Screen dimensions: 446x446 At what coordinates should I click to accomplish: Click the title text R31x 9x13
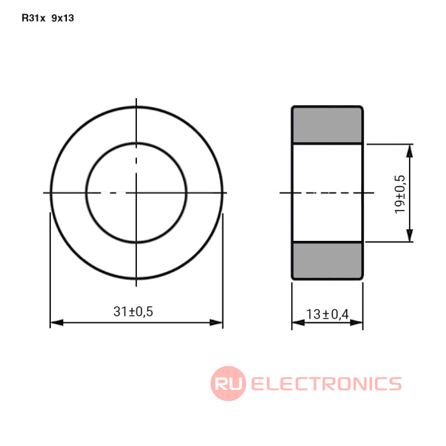point(48,18)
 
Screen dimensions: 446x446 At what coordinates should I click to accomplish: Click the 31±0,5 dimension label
point(133,312)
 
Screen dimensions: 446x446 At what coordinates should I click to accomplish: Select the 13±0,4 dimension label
point(327,314)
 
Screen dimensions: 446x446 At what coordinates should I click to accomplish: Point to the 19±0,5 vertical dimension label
point(399,194)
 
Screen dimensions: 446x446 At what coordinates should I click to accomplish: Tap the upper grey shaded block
point(327,126)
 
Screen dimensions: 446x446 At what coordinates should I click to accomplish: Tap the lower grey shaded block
point(327,260)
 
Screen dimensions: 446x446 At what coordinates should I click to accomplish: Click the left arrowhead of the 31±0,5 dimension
point(57,322)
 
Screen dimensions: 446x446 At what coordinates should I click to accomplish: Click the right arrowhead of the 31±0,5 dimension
point(216,322)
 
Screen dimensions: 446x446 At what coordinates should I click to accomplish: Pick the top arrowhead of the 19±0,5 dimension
point(409,151)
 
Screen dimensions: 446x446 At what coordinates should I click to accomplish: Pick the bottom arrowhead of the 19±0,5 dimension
point(409,236)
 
